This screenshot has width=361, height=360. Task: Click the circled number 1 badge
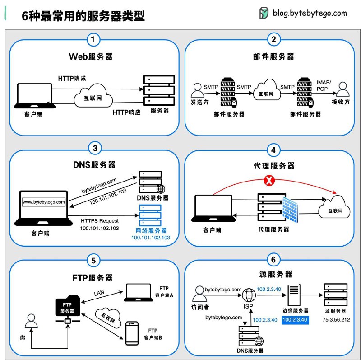(93, 40)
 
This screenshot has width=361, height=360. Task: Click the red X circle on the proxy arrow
(269, 181)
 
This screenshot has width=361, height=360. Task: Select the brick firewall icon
(289, 210)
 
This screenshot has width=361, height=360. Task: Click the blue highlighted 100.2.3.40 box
(294, 320)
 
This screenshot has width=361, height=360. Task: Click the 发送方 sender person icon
(197, 89)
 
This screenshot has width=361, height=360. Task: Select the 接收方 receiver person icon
(344, 89)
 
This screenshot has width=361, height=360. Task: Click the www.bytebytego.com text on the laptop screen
(44, 201)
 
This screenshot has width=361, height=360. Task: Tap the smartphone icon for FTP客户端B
(132, 333)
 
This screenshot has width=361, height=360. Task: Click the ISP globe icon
(249, 296)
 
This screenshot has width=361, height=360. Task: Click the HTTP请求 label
(72, 78)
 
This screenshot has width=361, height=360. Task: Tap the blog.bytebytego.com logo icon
(264, 14)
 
